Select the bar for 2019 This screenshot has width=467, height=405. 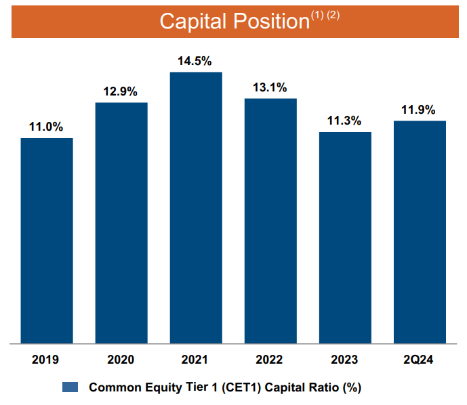click(47, 240)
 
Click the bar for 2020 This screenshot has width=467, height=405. click(121, 223)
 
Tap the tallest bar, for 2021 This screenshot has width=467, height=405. click(196, 207)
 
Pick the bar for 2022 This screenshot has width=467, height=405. click(270, 221)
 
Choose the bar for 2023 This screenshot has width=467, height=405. click(345, 238)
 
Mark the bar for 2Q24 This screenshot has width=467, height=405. click(420, 232)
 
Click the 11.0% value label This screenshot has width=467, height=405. click(46, 127)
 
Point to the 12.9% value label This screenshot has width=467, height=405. click(121, 91)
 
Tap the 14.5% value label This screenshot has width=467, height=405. click(196, 60)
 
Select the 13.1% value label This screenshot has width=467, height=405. click(270, 87)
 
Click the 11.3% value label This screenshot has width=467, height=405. click(345, 121)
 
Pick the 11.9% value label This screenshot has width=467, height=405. click(420, 110)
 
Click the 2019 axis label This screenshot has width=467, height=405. click(46, 360)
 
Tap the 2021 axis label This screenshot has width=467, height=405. click(196, 360)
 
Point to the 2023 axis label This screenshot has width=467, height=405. click(345, 360)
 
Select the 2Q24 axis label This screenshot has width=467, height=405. click(420, 360)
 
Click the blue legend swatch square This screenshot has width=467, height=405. click(71, 388)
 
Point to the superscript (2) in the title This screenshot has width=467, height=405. click(333, 15)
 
